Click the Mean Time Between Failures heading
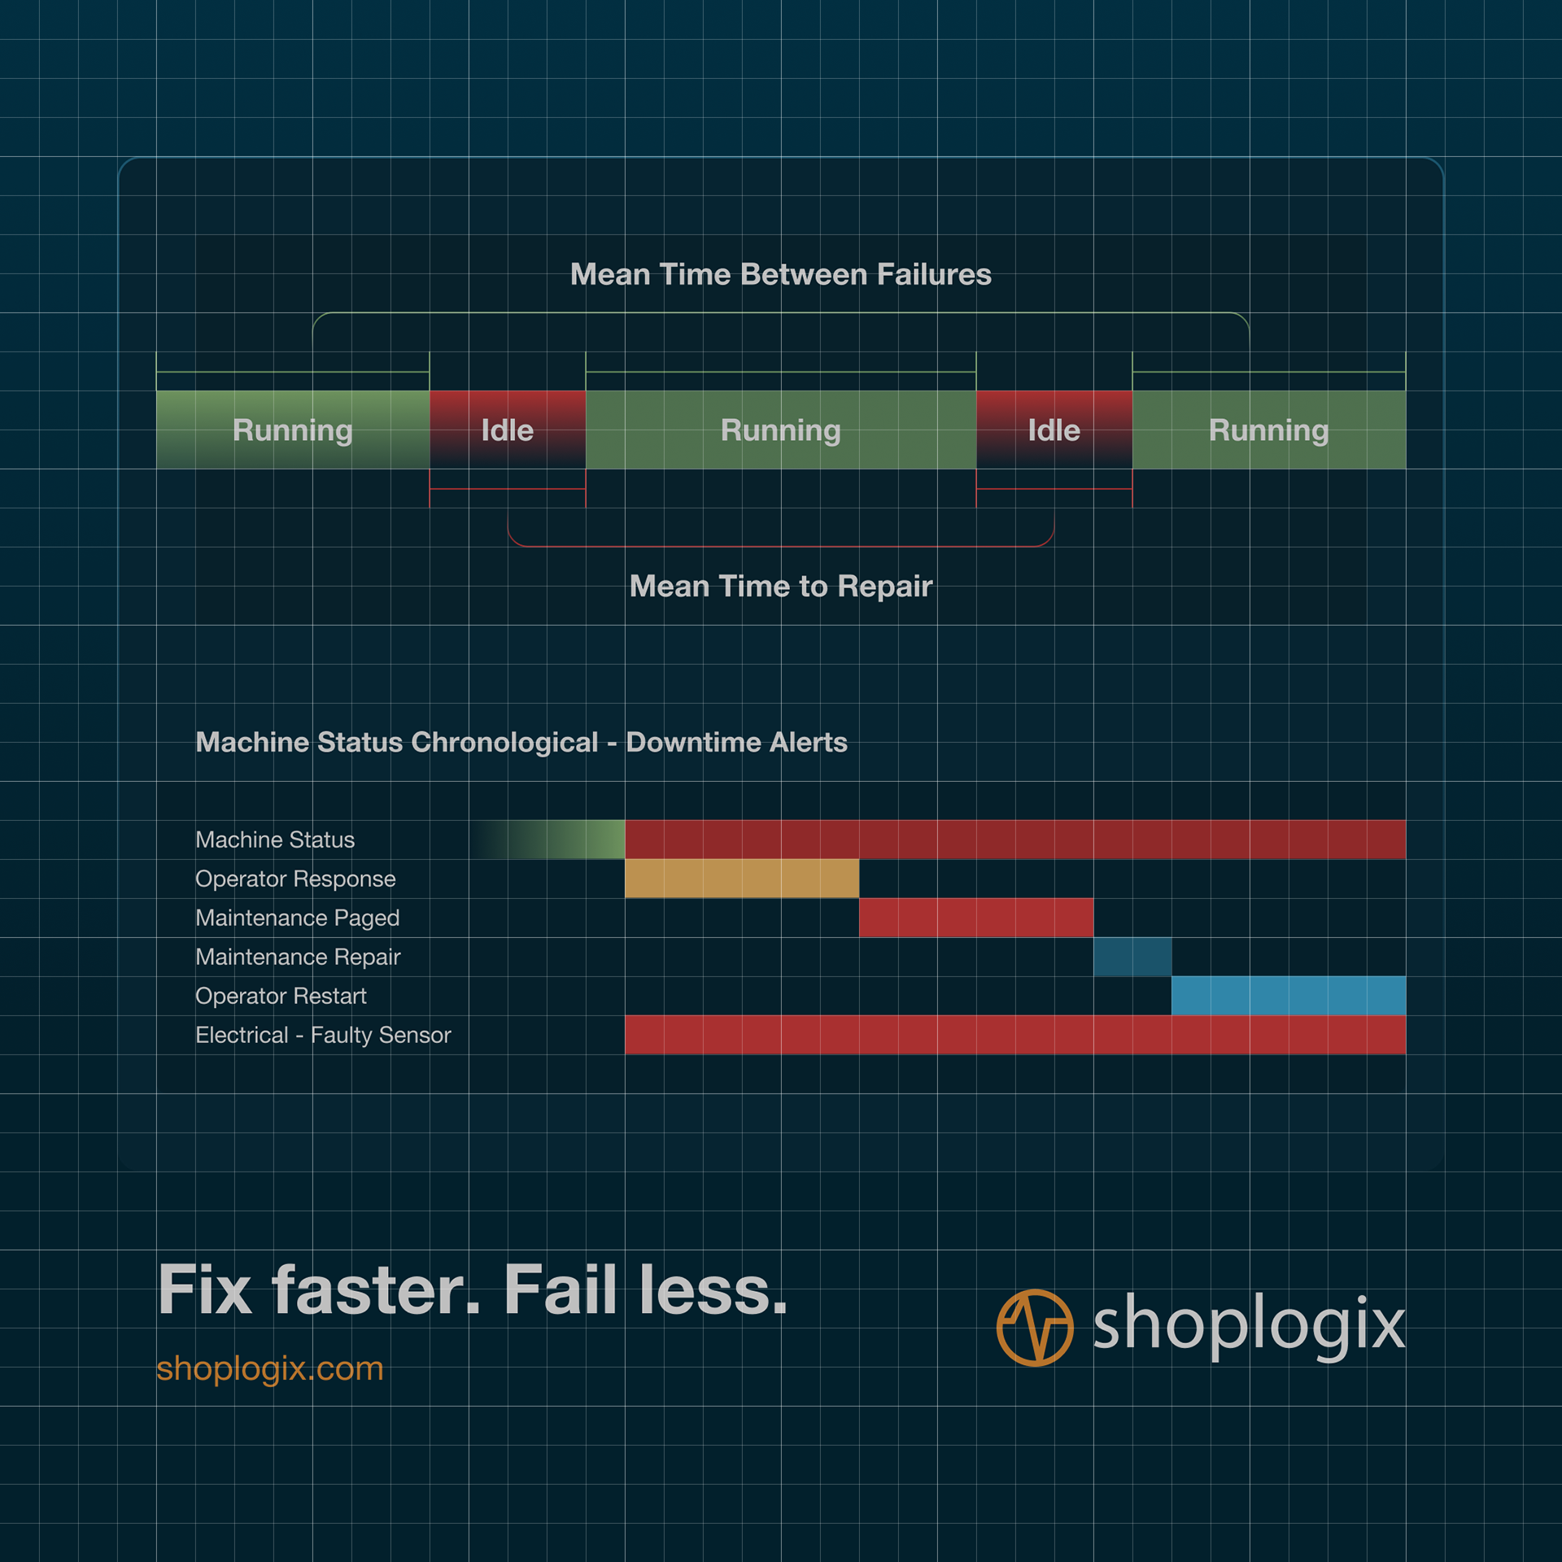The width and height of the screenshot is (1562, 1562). [x=780, y=274]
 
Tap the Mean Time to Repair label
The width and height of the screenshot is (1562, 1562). [x=780, y=586]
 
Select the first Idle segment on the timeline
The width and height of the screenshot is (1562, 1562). [x=507, y=430]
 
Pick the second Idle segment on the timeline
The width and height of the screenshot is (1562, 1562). [x=1054, y=430]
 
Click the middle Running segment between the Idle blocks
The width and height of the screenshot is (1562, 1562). [x=780, y=430]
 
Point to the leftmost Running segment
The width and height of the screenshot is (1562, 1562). [x=292, y=430]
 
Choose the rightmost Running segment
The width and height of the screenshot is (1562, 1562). [x=1268, y=430]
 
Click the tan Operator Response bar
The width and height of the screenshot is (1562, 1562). [x=741, y=879]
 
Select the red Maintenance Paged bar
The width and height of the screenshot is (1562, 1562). [x=975, y=918]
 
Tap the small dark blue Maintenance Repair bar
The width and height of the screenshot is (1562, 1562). [x=1132, y=957]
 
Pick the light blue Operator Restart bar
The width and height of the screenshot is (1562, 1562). [x=1288, y=996]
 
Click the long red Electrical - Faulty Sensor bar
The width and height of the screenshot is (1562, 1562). [x=1014, y=1035]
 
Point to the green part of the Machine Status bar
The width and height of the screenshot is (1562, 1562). [x=586, y=840]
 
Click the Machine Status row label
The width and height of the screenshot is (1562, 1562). [x=275, y=840]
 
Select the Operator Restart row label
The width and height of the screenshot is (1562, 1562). [x=281, y=996]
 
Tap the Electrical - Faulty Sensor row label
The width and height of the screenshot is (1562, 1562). [x=323, y=1035]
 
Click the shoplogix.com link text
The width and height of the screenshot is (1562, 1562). [x=269, y=1368]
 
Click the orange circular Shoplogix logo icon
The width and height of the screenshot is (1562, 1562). [x=1034, y=1327]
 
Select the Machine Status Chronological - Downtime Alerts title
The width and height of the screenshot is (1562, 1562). [x=521, y=742]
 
